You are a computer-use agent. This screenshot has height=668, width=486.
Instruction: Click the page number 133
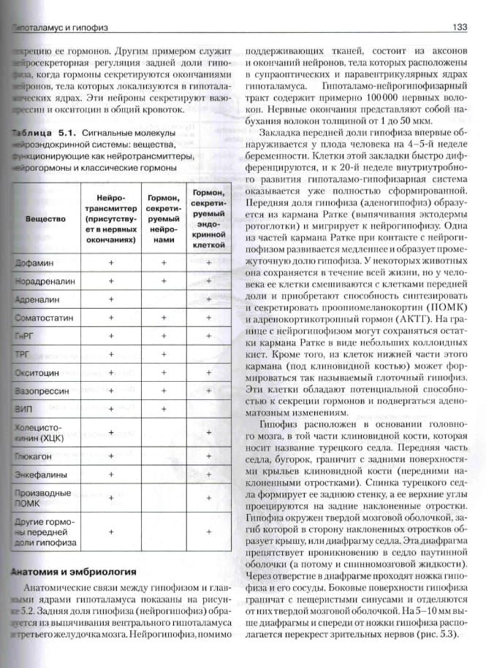pyautogui.click(x=460, y=27)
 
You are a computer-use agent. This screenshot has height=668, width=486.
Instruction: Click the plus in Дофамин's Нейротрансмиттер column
pyautogui.click(x=111, y=261)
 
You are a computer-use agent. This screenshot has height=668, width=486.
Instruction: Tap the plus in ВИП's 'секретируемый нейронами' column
pyautogui.click(x=164, y=409)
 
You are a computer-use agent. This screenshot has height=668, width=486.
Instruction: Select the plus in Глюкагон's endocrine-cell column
pyautogui.click(x=209, y=455)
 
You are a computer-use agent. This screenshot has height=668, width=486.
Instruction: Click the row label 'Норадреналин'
pyautogui.click(x=42, y=280)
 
